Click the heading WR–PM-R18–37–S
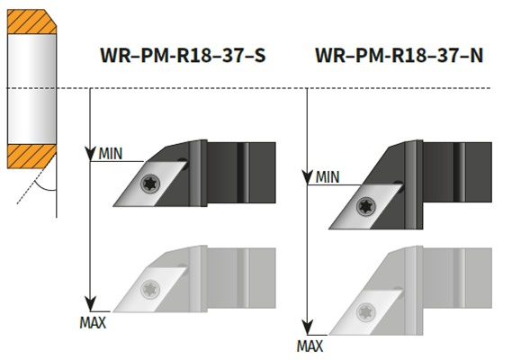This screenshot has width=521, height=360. tap(183, 55)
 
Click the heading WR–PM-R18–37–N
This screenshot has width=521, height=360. tap(399, 55)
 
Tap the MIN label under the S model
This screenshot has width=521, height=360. tap(111, 154)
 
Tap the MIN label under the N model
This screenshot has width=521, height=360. tap(328, 176)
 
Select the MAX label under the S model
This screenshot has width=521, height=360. tap(93, 323)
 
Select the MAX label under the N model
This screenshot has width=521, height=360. tap(310, 346)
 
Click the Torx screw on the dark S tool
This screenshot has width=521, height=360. tap(150, 184)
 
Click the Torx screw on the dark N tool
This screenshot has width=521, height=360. tap(366, 206)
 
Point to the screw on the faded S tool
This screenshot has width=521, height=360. tap(150, 289)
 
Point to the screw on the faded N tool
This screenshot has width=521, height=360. tap(366, 312)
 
